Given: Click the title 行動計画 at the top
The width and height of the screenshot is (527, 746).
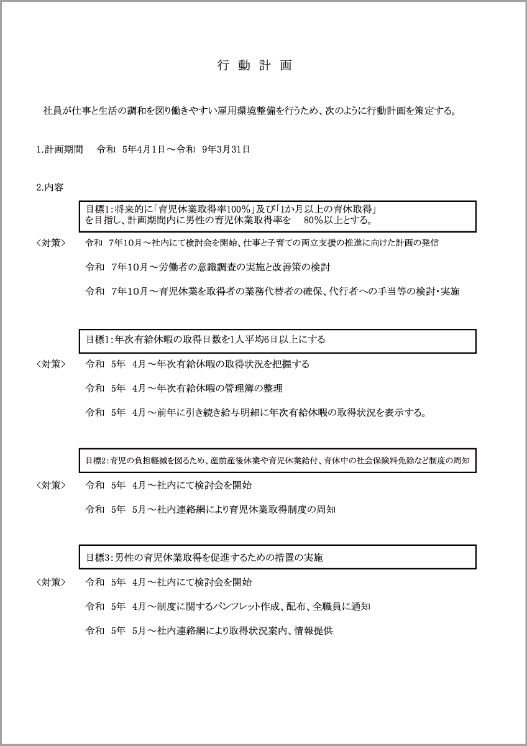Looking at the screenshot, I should click(x=254, y=66).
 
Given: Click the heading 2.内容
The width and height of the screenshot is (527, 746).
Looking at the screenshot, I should click(x=50, y=186).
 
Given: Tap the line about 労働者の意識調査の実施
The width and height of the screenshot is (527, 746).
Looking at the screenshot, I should click(x=208, y=267).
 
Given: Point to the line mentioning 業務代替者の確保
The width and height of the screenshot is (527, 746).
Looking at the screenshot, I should click(x=272, y=291).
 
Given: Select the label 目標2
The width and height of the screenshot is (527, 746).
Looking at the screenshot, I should click(x=96, y=461).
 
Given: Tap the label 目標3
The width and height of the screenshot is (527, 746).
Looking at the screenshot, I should click(x=98, y=558).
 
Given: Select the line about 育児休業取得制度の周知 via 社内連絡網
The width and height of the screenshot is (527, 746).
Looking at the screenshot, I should click(x=210, y=509).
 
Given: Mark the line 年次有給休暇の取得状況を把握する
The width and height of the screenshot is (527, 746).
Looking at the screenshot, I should click(x=197, y=364).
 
